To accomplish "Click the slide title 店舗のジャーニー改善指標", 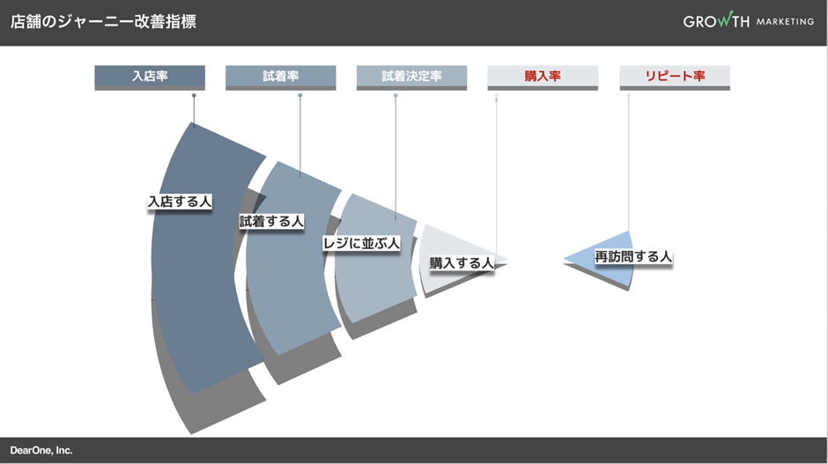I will [x=103, y=22].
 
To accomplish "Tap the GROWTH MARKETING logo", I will [x=748, y=21].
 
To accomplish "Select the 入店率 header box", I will [x=150, y=77].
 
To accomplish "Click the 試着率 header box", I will [x=280, y=77].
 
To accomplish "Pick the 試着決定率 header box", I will [x=411, y=77].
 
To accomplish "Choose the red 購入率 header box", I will [x=543, y=77].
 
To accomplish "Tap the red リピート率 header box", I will [x=675, y=77].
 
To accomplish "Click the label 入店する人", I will [x=180, y=202].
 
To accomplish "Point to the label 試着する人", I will [x=271, y=222].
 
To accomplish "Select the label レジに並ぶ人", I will [x=361, y=243].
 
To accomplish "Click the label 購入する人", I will [x=461, y=263].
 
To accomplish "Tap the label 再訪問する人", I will [x=633, y=257].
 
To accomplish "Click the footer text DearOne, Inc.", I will [x=41, y=450].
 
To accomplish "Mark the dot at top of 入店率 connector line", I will [x=194, y=96].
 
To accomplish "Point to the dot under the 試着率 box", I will [x=299, y=96].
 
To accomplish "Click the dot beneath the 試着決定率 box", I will [x=396, y=96].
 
